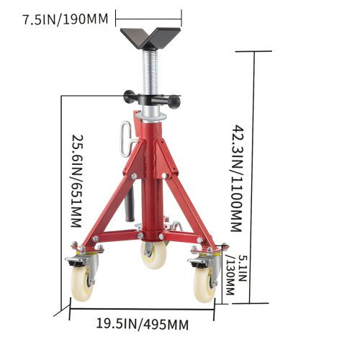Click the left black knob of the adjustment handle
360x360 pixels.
point(129,96)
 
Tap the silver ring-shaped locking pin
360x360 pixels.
point(124,137)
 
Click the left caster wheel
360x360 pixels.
point(83,282)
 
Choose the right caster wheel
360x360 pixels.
point(204,281)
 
